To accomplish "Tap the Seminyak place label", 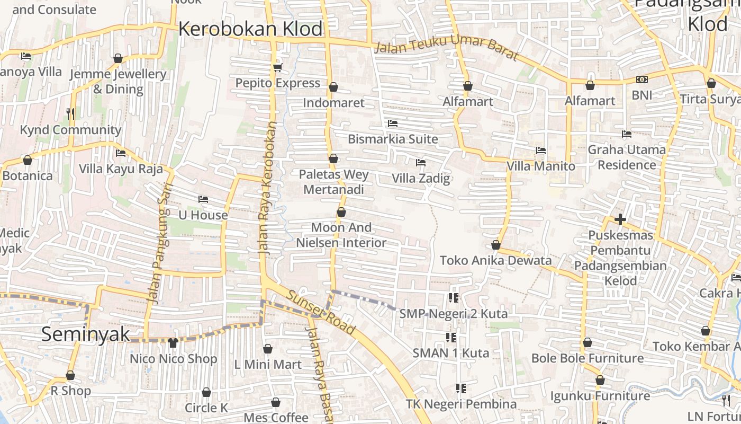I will coord(85,334).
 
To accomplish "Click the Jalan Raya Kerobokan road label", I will coord(268,188).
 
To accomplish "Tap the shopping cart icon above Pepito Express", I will coord(277,67).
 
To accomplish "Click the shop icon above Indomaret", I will coord(333,87).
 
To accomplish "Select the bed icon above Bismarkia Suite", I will coord(393,123).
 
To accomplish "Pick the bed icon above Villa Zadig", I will coord(421,162).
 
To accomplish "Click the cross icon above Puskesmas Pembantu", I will coord(620,219).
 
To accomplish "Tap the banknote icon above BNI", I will coord(642,79).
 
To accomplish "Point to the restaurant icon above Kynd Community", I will coord(70,113).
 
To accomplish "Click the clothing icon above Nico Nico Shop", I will coord(173,343).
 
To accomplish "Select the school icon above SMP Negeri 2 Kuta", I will coord(453,298).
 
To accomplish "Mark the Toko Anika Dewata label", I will coord(495,260).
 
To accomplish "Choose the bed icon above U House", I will coord(203,199).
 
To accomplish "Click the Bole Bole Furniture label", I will coord(588,358).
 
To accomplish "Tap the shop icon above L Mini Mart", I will coord(268,349).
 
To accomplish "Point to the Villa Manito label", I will coord(540,166).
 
